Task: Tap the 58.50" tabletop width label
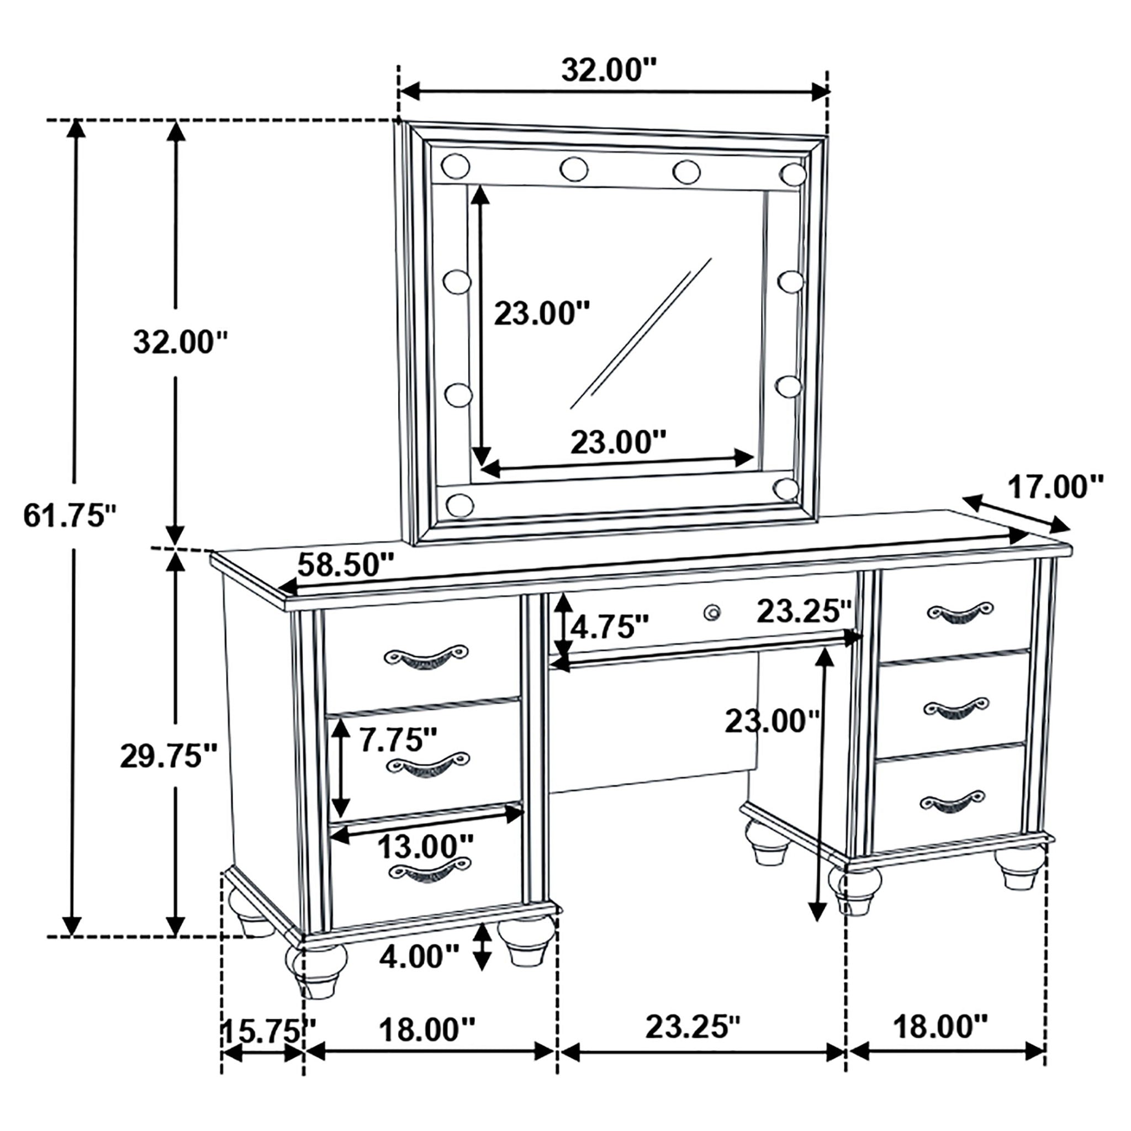pyautogui.click(x=346, y=565)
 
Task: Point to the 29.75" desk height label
pyautogui.click(x=169, y=757)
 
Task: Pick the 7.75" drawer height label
pyautogui.click(x=399, y=740)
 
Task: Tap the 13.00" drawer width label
pyautogui.click(x=425, y=845)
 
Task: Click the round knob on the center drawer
pyautogui.click(x=712, y=612)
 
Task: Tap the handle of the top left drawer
pyautogui.click(x=426, y=658)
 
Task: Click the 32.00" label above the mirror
pyautogui.click(x=610, y=71)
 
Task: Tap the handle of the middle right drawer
pyautogui.click(x=956, y=707)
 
